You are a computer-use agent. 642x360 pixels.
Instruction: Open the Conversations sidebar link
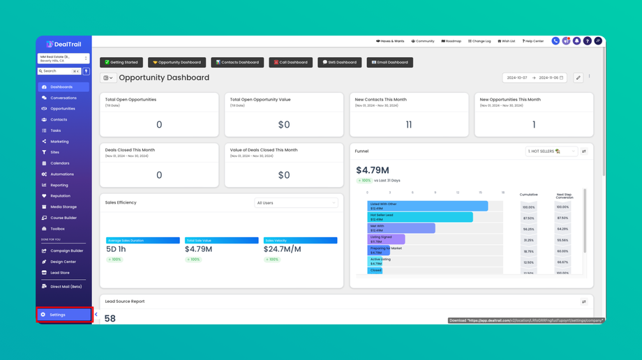coord(63,98)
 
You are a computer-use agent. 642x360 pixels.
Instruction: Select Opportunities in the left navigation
coord(62,109)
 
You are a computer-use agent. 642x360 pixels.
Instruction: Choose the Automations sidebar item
coord(62,174)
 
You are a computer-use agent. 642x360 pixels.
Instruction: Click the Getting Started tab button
coord(121,62)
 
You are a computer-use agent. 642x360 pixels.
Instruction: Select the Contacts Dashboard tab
coord(237,62)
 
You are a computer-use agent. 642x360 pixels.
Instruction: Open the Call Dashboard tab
coord(291,62)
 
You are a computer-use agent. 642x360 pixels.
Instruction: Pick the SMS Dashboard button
coord(340,62)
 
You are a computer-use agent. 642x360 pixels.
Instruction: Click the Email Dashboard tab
coord(390,62)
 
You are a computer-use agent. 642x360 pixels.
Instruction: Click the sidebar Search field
coord(59,71)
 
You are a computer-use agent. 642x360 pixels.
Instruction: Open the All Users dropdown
coord(296,203)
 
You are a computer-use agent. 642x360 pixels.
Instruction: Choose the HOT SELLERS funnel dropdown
coord(551,151)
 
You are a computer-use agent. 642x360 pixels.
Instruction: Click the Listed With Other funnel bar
coord(427,207)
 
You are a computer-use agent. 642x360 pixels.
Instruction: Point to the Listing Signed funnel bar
coord(386,239)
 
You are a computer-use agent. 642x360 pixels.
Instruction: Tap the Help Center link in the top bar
coord(533,41)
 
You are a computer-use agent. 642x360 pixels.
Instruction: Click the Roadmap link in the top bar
coord(451,41)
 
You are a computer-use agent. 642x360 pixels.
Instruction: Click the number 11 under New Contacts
coord(409,125)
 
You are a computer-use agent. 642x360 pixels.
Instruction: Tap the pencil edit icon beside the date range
coord(578,78)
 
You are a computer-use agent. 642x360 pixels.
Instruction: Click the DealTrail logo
coord(64,44)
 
